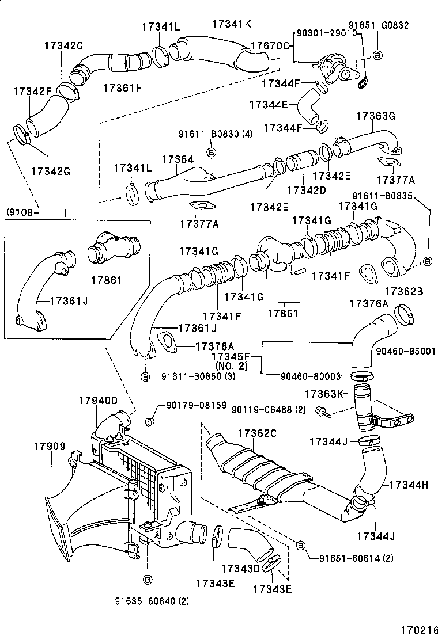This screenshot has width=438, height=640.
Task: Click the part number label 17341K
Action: [232, 25]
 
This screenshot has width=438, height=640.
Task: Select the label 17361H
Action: [122, 87]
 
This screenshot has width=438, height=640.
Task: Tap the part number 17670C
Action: [269, 46]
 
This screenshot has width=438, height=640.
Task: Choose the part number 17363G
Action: [375, 116]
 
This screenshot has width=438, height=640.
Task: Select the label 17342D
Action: [307, 189]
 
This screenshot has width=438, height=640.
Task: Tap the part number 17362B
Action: [403, 292]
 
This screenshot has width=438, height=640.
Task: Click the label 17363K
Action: [324, 394]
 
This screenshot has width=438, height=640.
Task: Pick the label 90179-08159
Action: [197, 406]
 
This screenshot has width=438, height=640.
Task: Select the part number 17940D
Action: [98, 401]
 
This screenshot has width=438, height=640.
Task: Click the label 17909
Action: [49, 446]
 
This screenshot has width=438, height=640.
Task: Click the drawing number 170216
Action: [416, 630]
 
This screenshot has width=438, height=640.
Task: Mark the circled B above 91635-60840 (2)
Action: [147, 579]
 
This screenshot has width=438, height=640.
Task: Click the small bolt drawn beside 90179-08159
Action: [150, 422]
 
